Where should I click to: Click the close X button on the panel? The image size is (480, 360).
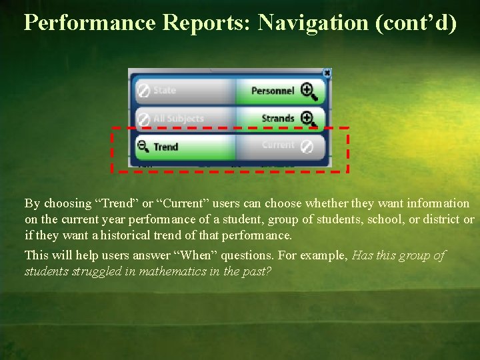327,73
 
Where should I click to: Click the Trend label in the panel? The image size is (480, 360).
166,147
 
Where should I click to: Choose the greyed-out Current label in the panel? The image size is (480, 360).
277,145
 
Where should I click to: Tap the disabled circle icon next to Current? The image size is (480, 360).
306,146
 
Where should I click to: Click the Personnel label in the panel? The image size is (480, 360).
273,91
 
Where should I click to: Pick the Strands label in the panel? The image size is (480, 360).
278,119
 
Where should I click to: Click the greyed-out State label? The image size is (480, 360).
165,90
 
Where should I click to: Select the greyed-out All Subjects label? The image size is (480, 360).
178,119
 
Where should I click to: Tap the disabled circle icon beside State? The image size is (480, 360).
143,90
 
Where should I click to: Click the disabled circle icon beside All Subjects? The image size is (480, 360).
143,119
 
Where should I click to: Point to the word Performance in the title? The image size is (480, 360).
89,23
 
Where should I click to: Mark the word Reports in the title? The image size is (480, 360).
206,23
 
